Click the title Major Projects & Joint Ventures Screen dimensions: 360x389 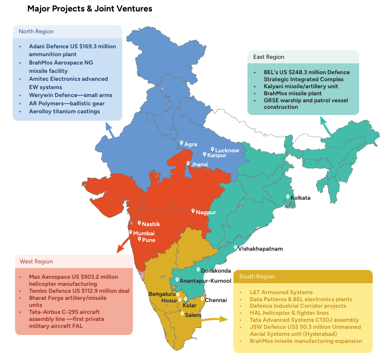[x=90, y=9]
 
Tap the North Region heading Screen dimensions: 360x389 [x=36, y=32]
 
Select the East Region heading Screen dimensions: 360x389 [x=269, y=57]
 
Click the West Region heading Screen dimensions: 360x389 [x=36, y=262]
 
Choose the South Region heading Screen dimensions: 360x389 [x=257, y=277]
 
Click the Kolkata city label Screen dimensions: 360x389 [x=301, y=198]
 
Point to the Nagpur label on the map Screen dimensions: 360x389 [x=206, y=212]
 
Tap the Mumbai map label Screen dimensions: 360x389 [x=144, y=233]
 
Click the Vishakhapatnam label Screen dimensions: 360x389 [x=261, y=249]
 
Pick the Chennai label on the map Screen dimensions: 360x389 [x=216, y=300]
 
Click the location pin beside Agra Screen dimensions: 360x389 [x=182, y=143]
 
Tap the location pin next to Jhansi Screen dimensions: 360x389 [x=188, y=163]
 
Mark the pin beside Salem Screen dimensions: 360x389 [x=182, y=313]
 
